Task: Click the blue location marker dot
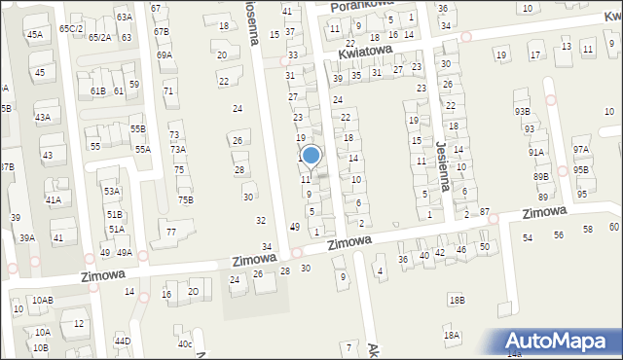311,155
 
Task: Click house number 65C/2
70,29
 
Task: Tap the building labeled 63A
124,18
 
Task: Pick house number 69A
165,55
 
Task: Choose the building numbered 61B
97,90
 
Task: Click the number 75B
185,200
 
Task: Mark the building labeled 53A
112,192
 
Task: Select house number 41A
53,199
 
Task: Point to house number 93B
523,111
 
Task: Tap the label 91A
536,152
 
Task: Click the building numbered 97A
581,149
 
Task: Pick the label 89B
541,176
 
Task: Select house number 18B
457,301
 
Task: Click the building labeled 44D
122,342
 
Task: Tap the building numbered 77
170,232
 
